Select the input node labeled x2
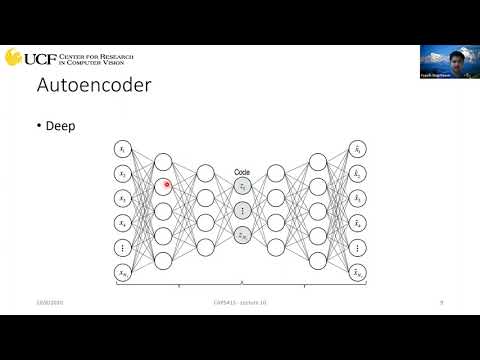tap(123, 174)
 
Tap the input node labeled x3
tap(123, 197)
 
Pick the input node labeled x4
tap(123, 222)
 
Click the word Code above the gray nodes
tap(241, 172)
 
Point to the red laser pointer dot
tap(167, 184)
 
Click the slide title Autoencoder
tap(94, 87)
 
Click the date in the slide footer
tap(48, 301)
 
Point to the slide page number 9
tap(441, 301)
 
